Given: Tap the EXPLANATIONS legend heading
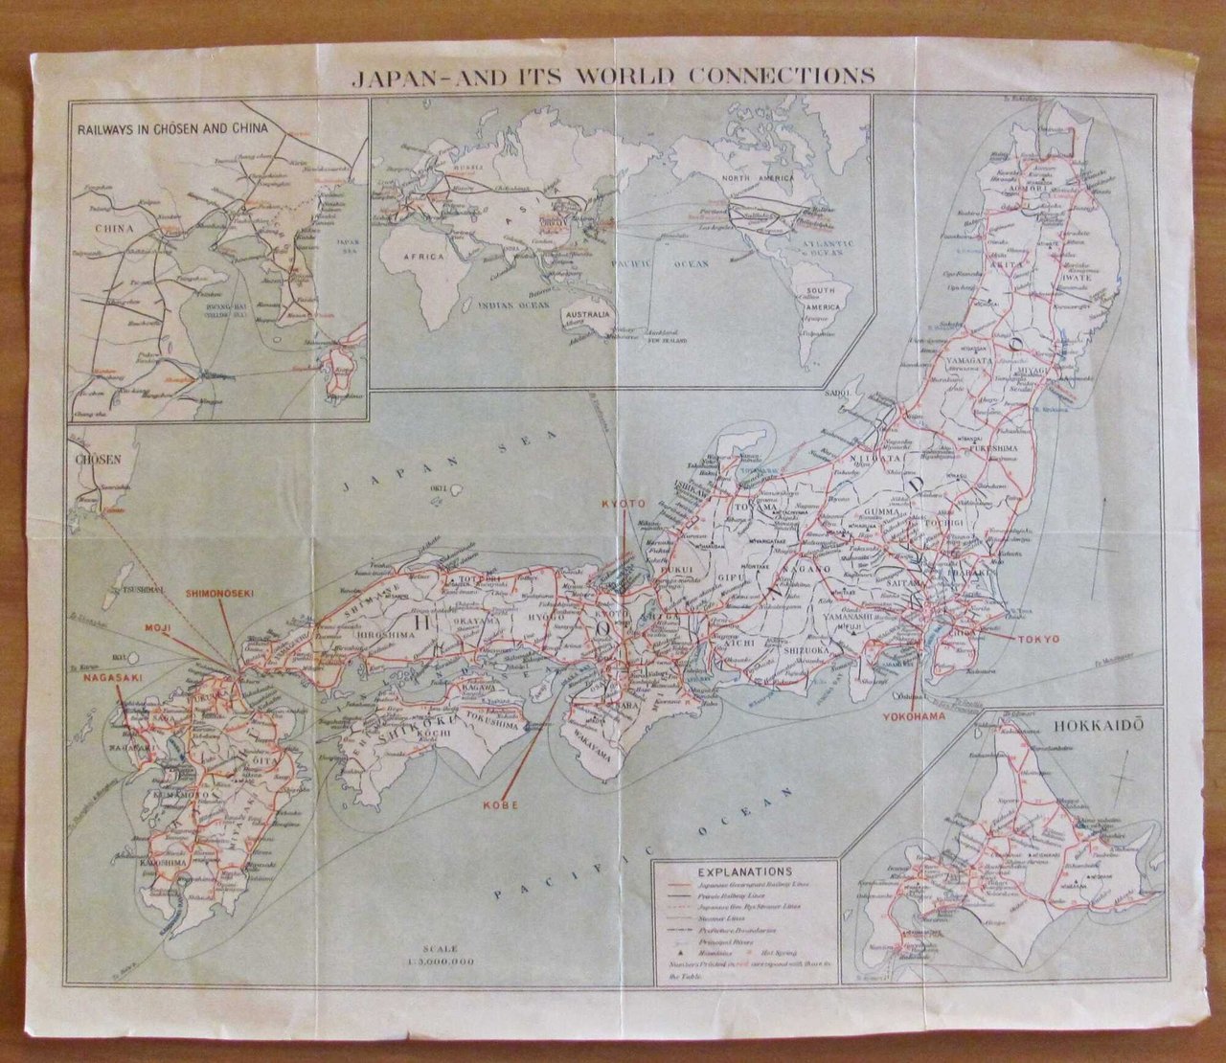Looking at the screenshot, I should click(743, 872).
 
